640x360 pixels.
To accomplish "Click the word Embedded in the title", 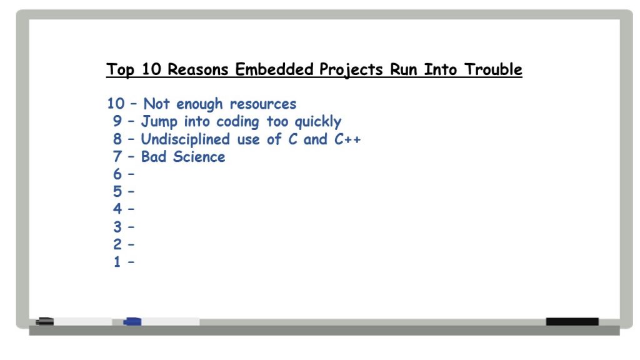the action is click(x=274, y=69).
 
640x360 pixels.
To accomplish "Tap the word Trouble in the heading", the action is click(x=493, y=69).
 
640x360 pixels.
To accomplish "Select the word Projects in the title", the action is click(x=351, y=70).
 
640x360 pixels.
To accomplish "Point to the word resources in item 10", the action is click(x=263, y=104).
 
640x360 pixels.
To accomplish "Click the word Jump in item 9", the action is click(x=159, y=122).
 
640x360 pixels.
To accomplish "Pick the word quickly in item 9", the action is click(x=318, y=122).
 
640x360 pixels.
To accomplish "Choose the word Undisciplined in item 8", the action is click(x=185, y=139).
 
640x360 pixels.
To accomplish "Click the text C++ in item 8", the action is click(x=347, y=139).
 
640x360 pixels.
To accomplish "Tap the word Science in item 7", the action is click(x=199, y=157).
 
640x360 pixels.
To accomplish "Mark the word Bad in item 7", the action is click(x=154, y=157).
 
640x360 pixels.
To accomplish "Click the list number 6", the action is click(x=117, y=174).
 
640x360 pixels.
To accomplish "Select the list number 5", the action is click(x=117, y=191).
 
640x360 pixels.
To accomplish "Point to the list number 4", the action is click(x=117, y=209).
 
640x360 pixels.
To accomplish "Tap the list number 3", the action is click(x=117, y=226).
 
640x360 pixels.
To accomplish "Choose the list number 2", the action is click(x=117, y=244).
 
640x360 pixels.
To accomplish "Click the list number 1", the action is click(x=117, y=262).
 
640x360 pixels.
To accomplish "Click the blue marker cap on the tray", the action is click(x=132, y=322).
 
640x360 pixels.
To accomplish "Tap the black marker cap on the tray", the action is click(x=44, y=322).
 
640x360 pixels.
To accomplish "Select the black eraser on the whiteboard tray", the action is click(x=572, y=322).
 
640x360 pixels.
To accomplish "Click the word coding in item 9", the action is click(x=237, y=122).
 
